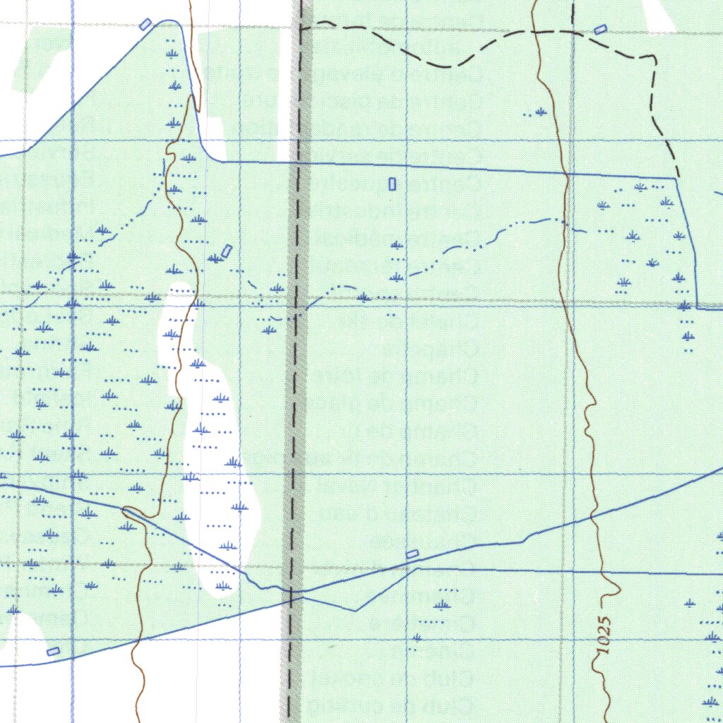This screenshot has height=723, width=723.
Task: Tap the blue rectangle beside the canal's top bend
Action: [145, 24]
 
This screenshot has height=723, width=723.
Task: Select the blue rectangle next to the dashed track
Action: [600, 29]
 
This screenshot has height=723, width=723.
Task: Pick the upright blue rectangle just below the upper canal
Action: [393, 184]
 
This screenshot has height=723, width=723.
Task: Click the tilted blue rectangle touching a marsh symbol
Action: [226, 251]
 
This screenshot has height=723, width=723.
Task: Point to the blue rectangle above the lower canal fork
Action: [412, 554]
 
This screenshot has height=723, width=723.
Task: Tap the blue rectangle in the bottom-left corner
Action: [52, 651]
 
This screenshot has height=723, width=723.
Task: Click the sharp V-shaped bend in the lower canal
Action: [356, 611]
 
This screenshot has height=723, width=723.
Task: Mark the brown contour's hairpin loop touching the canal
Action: [131, 512]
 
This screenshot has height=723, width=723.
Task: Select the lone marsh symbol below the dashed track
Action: [541, 112]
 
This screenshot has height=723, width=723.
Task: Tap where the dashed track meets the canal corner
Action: [677, 177]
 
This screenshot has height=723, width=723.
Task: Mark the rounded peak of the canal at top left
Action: [169, 21]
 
